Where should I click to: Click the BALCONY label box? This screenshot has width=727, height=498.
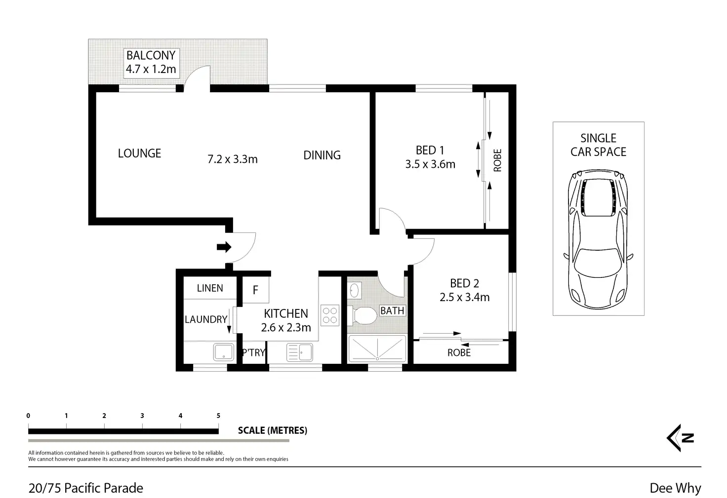151,63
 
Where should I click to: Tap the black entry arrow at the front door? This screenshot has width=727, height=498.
224,247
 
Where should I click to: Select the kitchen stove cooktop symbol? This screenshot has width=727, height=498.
330,315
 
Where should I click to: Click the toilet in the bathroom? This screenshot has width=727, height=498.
363,315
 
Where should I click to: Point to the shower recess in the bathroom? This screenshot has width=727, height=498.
377,349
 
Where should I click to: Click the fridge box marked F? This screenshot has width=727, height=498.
256,290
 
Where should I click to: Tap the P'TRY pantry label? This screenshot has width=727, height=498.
254,352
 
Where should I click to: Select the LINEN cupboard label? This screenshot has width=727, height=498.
210,288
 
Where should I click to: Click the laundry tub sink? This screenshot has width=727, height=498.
224,352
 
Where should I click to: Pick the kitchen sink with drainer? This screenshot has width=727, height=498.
300,352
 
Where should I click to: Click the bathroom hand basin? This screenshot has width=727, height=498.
355,290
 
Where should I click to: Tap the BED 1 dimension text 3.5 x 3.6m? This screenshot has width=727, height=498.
430,164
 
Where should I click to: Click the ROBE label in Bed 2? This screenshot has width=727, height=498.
459,353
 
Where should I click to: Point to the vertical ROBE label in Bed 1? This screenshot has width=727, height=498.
497,160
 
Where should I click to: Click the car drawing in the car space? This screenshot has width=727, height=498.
598,239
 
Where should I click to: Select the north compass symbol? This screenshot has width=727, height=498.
680,438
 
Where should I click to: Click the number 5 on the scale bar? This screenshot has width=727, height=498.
218,416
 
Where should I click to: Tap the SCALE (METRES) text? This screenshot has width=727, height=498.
273,430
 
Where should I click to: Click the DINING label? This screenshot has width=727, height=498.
322,155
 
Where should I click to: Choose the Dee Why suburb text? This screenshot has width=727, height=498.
676,488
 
